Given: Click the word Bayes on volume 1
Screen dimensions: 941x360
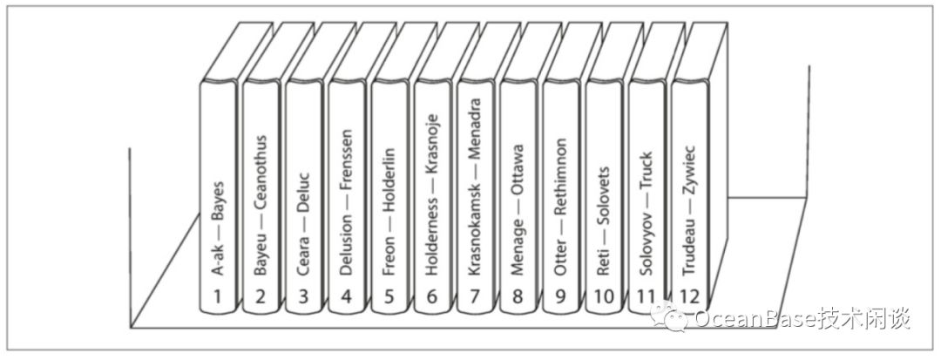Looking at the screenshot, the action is (218, 202).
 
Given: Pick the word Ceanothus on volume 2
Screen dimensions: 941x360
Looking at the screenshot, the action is (261, 174).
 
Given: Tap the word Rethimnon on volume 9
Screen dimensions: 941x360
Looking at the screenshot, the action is (560, 176).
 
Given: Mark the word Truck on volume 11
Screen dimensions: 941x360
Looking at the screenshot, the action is (646, 170).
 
